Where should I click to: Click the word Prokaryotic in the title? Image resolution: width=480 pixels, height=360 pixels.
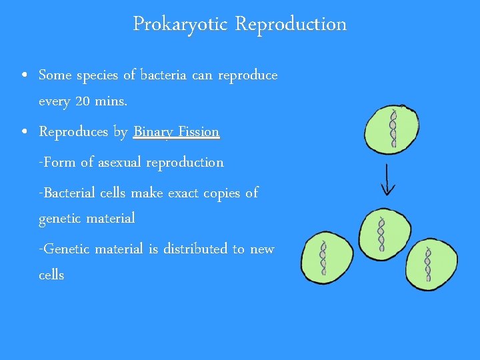(179, 24)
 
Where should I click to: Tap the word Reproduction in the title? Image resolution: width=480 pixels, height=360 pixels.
(291, 24)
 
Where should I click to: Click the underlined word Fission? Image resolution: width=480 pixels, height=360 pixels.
(198, 132)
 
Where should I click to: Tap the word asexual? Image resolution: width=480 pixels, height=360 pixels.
(119, 163)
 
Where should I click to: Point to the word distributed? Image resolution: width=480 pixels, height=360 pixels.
(195, 249)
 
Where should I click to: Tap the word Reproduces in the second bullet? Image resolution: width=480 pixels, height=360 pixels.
(73, 132)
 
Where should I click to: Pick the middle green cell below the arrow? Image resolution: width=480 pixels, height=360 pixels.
(381, 233)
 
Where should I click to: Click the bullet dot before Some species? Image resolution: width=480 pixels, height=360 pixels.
(24, 75)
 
